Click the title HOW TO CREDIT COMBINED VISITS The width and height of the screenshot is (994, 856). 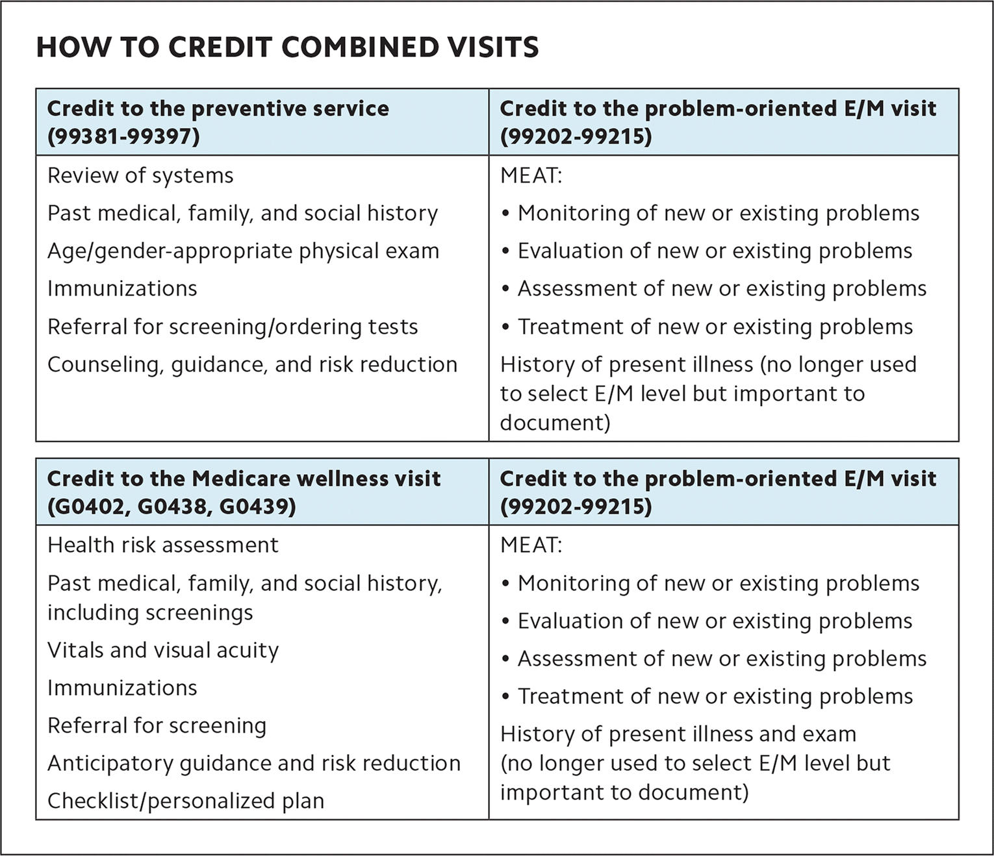click(287, 47)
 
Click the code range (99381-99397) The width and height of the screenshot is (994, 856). click(123, 136)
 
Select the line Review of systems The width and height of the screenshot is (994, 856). click(140, 176)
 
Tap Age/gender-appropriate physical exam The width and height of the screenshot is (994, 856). click(243, 251)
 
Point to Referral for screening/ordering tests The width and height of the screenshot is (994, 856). click(233, 327)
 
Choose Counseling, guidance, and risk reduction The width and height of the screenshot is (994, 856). click(252, 364)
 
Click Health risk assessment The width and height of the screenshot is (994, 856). click(162, 545)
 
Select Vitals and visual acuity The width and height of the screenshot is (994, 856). click(162, 650)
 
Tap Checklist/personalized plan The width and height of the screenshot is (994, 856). click(186, 801)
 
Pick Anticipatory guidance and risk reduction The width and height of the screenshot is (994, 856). click(254, 763)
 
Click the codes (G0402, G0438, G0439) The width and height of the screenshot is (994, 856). click(172, 507)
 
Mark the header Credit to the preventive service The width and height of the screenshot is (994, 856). click(218, 108)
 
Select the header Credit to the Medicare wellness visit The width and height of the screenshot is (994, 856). click(244, 479)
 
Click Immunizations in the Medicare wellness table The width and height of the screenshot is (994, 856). click(122, 688)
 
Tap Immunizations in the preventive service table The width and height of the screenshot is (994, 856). click(122, 289)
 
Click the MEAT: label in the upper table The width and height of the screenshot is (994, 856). click(531, 176)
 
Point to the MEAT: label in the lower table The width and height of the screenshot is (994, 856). click(531, 545)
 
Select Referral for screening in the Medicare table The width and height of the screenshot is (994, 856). click(157, 725)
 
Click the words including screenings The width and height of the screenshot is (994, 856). click(150, 612)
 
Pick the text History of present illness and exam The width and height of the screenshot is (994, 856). click(678, 734)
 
